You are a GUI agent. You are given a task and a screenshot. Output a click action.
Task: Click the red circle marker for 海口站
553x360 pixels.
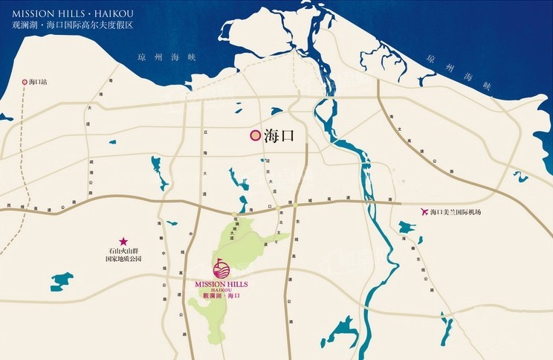(25, 81)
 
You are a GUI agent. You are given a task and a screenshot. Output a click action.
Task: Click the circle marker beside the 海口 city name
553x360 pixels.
(254, 135)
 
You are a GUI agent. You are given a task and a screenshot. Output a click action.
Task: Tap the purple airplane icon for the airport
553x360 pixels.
(424, 212)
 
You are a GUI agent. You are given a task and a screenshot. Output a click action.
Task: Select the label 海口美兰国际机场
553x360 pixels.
(456, 213)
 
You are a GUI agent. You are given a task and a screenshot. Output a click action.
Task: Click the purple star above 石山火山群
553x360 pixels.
(123, 242)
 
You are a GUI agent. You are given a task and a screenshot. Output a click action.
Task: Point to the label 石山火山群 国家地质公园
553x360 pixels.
(123, 255)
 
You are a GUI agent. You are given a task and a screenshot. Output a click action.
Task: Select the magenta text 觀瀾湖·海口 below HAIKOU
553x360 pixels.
(221, 296)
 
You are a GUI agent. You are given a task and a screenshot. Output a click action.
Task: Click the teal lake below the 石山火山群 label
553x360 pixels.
(62, 281)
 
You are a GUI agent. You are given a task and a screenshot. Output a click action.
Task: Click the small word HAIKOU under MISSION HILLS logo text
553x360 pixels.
(221, 290)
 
